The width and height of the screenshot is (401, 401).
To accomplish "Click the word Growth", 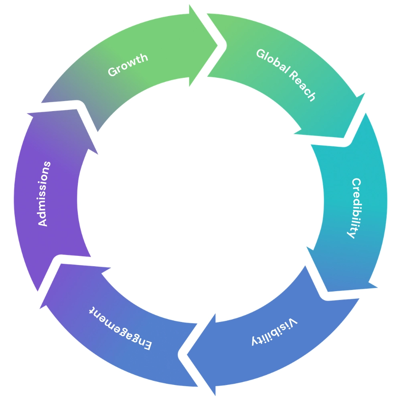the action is tap(128, 65).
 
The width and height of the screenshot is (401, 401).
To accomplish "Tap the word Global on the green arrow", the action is tap(273, 61).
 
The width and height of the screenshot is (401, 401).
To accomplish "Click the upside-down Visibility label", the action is tap(275, 332).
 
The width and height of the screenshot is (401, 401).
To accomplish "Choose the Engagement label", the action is tap(120, 328).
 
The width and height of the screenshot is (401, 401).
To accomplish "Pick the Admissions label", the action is tap(44, 194).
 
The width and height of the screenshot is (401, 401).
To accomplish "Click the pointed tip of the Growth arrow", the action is tap(217, 46).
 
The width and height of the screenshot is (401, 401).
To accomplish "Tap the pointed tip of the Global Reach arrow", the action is tap(344, 138).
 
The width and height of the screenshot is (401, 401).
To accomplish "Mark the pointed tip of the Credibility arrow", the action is tap(328, 291).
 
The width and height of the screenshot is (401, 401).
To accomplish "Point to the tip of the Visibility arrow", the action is tap(187, 355).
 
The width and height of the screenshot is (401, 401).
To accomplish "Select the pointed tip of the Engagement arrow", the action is tap(61, 264).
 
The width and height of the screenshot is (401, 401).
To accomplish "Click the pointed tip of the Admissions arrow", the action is tap(77, 109).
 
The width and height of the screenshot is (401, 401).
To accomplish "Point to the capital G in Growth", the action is tap(113, 72).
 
